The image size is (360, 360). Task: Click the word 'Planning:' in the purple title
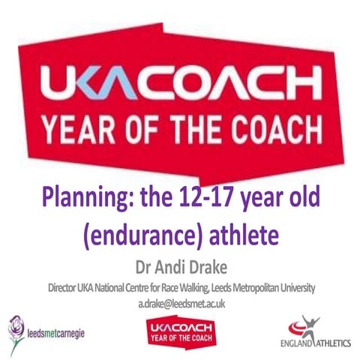82,201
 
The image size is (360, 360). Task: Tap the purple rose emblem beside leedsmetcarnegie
16,329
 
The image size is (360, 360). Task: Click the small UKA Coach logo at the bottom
178,328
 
